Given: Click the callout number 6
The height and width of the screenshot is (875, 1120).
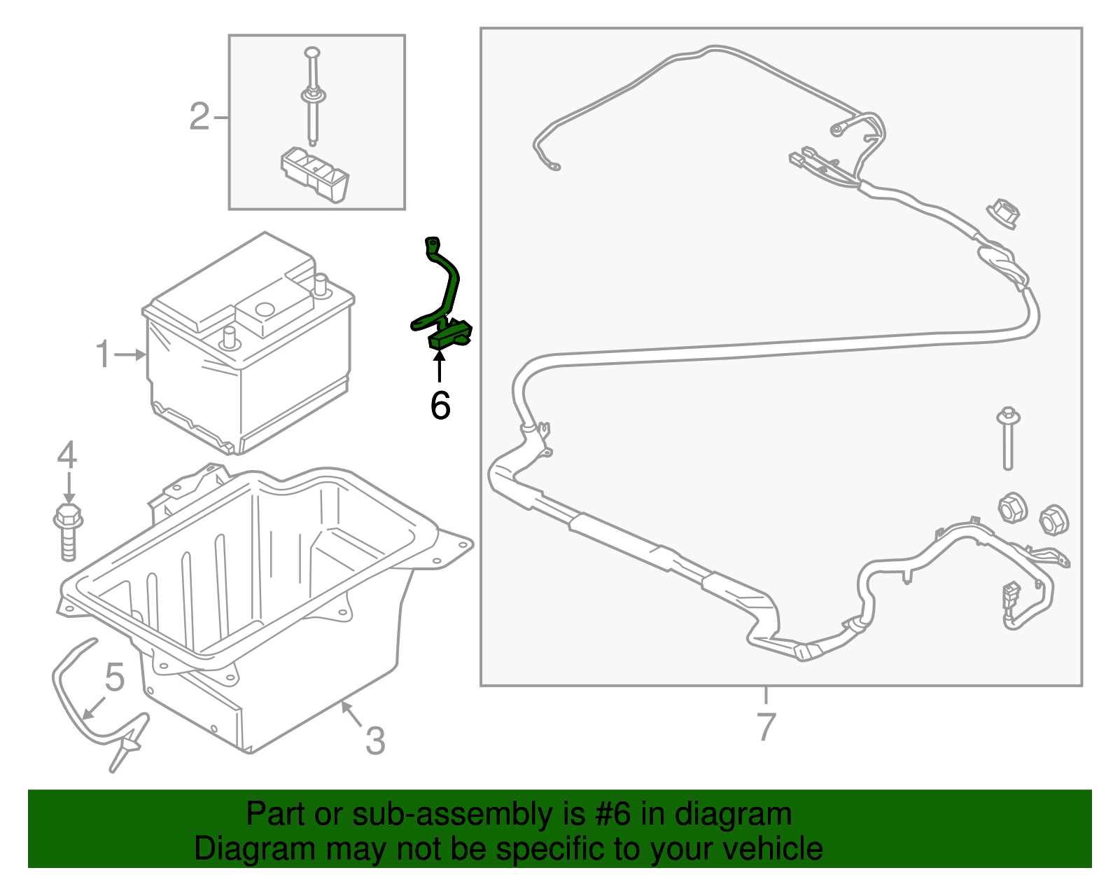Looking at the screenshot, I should tap(440, 406).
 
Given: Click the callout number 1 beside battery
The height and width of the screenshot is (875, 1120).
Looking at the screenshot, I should tap(104, 354).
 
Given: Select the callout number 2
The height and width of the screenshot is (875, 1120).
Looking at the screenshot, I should tap(199, 116).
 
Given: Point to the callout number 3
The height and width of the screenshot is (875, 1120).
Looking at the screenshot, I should tap(375, 741).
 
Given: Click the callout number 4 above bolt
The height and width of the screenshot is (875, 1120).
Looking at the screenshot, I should tap(67, 455).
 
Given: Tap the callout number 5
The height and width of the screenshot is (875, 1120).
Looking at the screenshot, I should tap(115, 677).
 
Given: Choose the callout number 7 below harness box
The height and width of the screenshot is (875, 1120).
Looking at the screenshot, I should tap(766, 726).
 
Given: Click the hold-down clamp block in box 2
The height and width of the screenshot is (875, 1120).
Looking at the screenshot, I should tap(315, 172).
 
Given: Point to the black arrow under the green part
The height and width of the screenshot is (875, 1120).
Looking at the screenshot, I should tap(439, 366).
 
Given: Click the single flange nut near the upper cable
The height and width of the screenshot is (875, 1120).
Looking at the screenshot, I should tap(1003, 213).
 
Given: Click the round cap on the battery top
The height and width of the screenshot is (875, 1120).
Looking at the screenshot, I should tap(265, 308).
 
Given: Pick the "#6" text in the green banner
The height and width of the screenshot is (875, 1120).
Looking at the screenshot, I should tap(613, 815).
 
